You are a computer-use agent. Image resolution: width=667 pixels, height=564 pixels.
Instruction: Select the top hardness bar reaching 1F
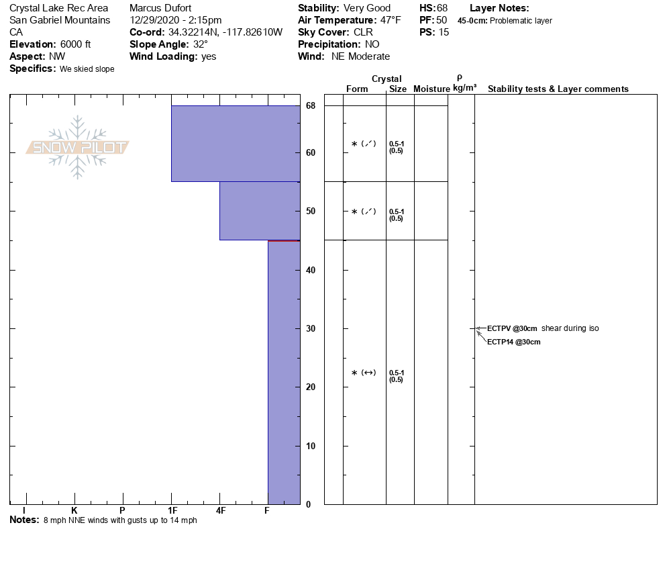pos(235,143)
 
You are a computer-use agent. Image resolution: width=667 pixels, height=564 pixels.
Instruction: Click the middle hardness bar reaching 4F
pos(260,210)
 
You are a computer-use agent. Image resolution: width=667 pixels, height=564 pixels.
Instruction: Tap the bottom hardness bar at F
pos(284,372)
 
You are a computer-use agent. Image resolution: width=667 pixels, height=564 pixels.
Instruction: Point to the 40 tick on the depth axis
pos(311,270)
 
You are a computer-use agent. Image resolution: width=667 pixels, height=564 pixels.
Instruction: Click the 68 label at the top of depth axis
pos(311,105)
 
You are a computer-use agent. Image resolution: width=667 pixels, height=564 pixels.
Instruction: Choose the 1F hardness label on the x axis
pos(172,511)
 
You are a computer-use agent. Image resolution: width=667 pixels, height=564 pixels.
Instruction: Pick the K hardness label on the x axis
pos(74,511)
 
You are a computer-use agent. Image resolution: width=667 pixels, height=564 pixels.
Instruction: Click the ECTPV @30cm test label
pos(512,328)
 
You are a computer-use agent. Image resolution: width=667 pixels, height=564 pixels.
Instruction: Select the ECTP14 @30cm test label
pos(513,342)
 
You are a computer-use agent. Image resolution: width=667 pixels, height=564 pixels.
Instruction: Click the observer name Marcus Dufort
pos(160,8)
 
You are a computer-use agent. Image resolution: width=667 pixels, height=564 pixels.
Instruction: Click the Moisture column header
pos(431,89)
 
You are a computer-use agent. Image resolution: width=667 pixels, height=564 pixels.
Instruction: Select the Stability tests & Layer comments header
pos(558,89)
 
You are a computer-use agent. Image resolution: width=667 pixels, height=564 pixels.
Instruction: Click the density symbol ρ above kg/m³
pos(460,78)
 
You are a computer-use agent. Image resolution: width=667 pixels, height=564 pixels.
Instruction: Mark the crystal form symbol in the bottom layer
pos(364,373)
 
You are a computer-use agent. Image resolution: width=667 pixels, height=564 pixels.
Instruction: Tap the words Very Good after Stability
pos(367,8)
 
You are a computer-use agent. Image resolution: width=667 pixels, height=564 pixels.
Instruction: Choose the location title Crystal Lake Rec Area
pos(58,8)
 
